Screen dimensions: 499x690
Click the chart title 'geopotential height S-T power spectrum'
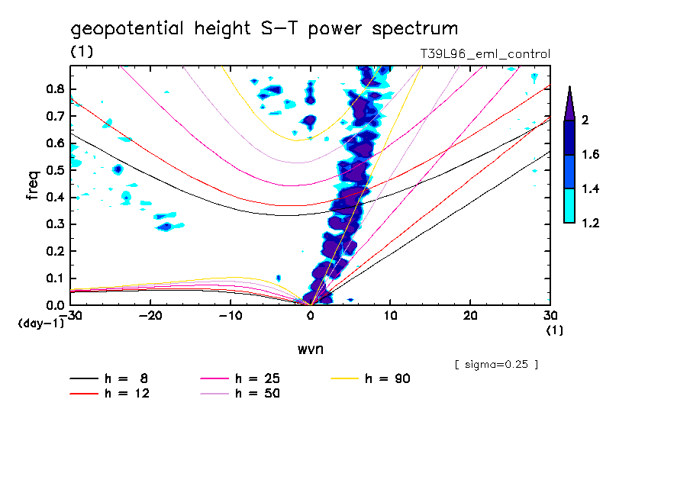click(265, 29)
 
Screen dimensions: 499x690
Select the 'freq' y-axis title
click(33, 185)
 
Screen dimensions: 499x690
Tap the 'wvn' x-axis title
click(310, 349)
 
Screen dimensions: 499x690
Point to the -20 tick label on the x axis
click(150, 315)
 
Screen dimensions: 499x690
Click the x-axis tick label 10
click(390, 315)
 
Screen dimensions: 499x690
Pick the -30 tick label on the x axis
click(70, 315)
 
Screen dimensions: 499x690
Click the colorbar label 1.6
click(591, 155)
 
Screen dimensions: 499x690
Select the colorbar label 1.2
click(591, 223)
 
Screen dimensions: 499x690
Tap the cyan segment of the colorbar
click(569, 205)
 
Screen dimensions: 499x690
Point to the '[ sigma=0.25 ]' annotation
click(496, 364)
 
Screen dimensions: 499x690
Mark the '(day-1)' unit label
click(41, 324)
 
